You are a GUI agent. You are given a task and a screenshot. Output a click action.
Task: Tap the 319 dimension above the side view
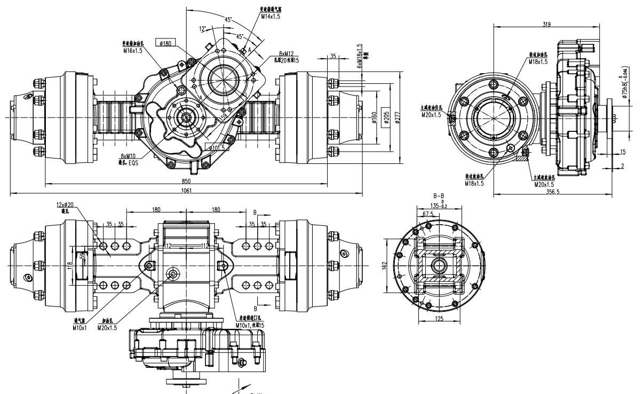point(546,24)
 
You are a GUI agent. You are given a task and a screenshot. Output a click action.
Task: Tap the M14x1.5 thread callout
point(271,17)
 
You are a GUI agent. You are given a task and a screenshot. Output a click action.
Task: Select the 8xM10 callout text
point(129,156)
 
